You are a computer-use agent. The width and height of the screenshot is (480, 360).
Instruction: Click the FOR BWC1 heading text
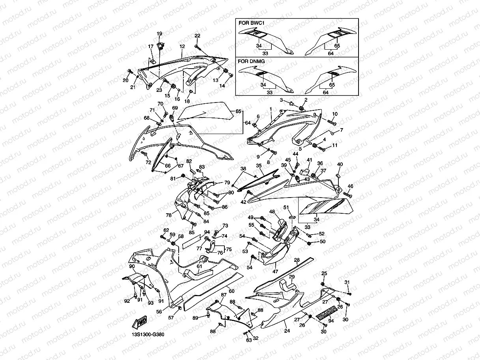pyautogui.click(x=252, y=23)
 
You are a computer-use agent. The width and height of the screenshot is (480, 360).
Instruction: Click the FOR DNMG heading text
pyautogui.click(x=252, y=62)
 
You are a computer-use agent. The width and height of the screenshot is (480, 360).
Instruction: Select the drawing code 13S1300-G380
pyautogui.click(x=148, y=335)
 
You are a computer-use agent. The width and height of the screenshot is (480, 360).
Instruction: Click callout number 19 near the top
pyautogui.click(x=159, y=34)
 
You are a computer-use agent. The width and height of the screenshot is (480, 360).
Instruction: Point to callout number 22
pyautogui.click(x=198, y=36)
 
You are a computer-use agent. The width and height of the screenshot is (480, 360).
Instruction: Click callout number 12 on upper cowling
pyautogui.click(x=182, y=46)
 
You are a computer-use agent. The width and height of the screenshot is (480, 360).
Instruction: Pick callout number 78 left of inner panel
pyautogui.click(x=168, y=215)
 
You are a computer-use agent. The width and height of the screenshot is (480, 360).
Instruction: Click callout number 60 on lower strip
pyautogui.click(x=232, y=291)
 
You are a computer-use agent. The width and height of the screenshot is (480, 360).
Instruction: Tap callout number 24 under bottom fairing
pyautogui.click(x=287, y=331)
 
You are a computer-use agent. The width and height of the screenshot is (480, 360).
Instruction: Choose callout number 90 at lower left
pyautogui.click(x=132, y=267)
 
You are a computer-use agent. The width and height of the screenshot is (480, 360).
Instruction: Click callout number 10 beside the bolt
pyautogui.click(x=334, y=114)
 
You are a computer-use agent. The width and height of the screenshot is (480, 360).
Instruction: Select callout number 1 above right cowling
pyautogui.click(x=271, y=108)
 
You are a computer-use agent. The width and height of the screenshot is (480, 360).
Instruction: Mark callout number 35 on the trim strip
pyautogui.click(x=259, y=166)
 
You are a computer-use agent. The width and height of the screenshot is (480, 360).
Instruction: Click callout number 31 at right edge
pyautogui.click(x=347, y=282)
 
